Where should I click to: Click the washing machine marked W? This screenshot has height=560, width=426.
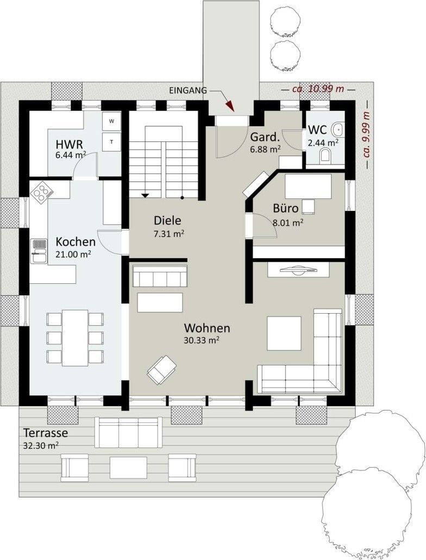tap(112, 121)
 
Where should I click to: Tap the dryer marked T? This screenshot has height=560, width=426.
tap(112, 142)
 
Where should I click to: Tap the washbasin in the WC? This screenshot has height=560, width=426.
tap(338, 129)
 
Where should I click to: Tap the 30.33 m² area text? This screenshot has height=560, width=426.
tap(201, 340)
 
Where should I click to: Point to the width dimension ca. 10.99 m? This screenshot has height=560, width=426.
tap(318, 89)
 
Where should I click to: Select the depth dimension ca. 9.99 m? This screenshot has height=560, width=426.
tap(366, 135)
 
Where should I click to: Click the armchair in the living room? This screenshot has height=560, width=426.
tap(162, 369)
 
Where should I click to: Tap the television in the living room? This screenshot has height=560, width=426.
tap(298, 270)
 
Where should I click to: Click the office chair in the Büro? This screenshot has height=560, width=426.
tap(309, 207)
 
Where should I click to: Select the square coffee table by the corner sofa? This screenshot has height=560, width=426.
tap(284, 334)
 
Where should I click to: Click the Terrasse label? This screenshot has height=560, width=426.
tap(46, 433)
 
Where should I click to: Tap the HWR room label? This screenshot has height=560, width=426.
tap(69, 145)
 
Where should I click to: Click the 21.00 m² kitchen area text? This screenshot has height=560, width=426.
tap(73, 254)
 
